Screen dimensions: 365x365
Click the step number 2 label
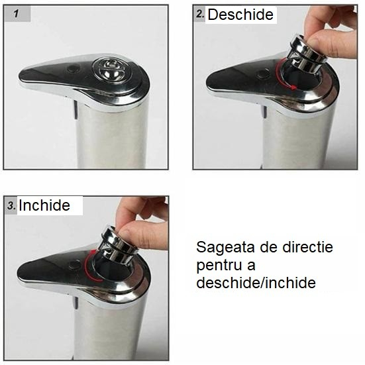(x=200, y=14)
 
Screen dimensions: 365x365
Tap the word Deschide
(x=240, y=15)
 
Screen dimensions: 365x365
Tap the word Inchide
(x=44, y=205)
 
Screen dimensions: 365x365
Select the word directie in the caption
(x=309, y=248)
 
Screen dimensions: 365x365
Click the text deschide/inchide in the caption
(x=255, y=282)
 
